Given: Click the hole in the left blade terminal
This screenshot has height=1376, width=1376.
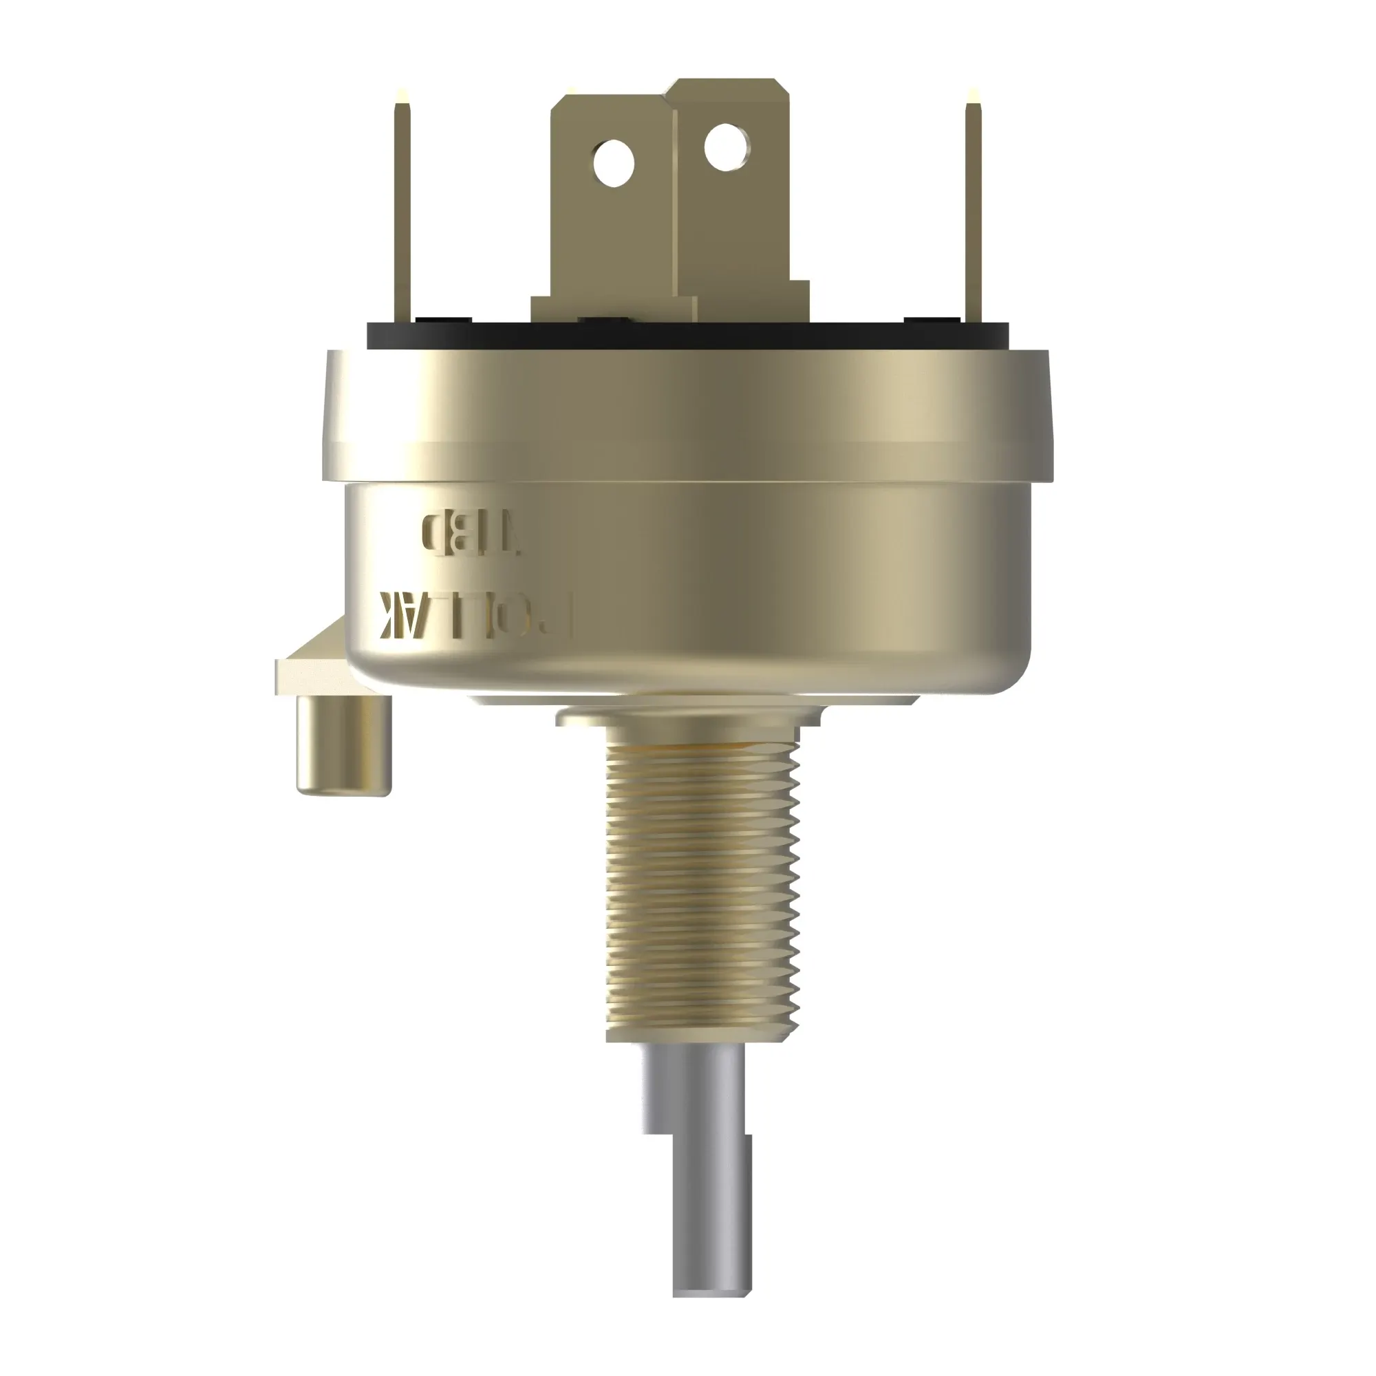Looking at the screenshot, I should pos(613,162).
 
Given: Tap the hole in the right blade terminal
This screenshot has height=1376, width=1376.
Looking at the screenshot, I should pos(727,146).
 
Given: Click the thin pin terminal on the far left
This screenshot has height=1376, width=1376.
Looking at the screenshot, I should pos(403,214).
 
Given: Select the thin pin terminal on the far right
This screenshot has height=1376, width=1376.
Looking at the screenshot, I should pos(974,214).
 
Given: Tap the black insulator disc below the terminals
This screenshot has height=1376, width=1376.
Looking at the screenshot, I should pos(688,336).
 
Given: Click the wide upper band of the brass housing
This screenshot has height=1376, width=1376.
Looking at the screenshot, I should pos(688,413).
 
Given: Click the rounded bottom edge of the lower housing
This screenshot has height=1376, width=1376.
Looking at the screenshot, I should pos(688,680).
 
